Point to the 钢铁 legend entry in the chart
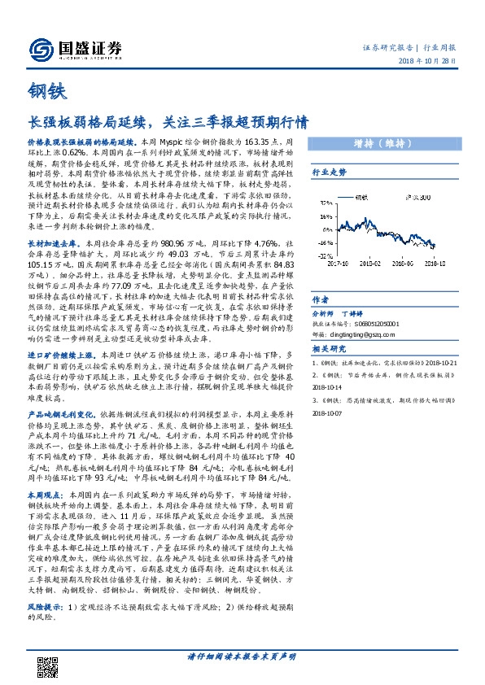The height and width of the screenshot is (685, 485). [x=362, y=198]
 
